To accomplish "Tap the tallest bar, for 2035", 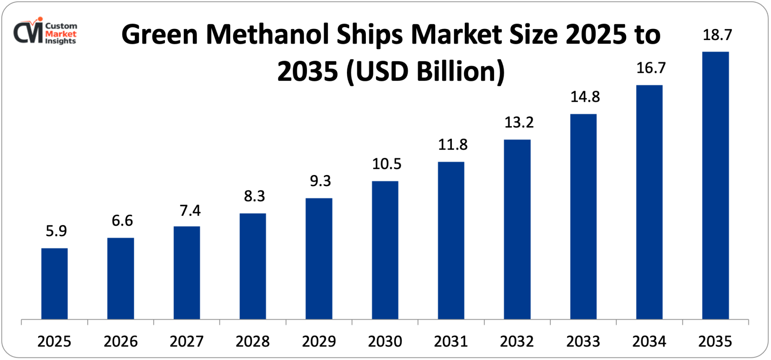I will coord(715,185).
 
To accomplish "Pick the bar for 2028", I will coord(253,266).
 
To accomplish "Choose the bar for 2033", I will coord(583,216).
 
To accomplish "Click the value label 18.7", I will coord(717,35).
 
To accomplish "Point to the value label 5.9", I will coord(56,231).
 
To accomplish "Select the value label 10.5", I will coord(386,164).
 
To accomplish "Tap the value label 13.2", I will coord(519,123).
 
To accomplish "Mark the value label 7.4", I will coord(190,211).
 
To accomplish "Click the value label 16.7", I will coord(651,68).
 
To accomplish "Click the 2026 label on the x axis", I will coord(120,341).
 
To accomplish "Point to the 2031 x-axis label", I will coord(451,341).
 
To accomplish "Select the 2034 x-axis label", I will coord(649,341).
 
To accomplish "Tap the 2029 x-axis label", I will coord(318,341).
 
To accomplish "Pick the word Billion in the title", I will coord(461,71).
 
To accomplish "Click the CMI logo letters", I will coord(28,32).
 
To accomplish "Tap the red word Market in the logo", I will coord(61,34).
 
